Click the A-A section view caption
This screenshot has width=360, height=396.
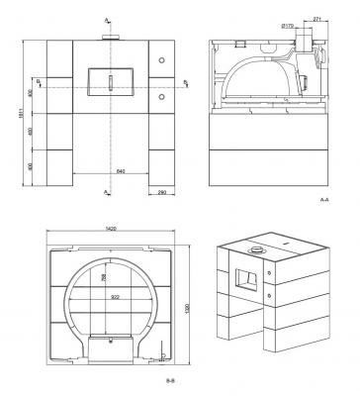tap(324, 200)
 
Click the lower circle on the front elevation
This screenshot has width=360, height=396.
tap(158, 99)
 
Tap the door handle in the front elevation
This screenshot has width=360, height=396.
tap(111, 79)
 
